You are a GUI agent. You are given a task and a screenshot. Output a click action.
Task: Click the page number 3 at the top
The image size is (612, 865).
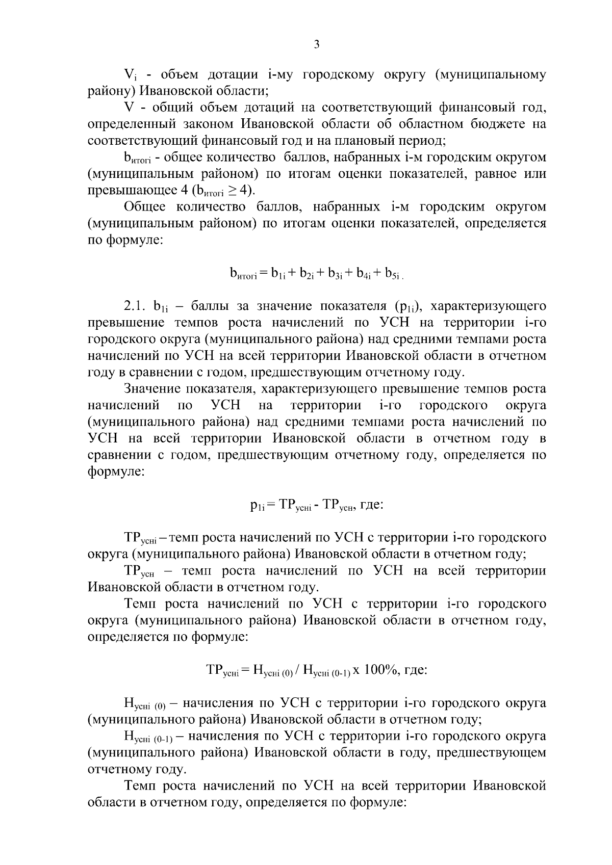316,44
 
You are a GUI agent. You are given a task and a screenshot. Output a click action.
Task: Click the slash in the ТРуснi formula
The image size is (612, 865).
297,670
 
